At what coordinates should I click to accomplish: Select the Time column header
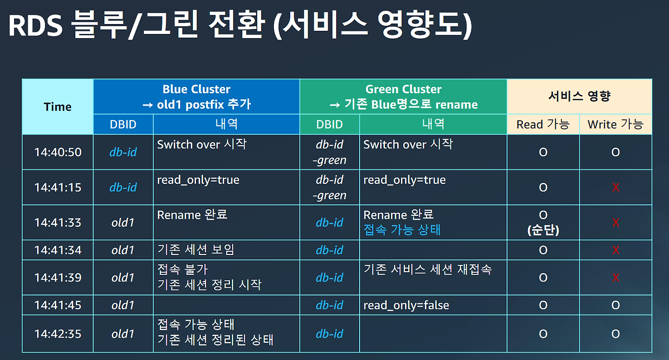(57, 107)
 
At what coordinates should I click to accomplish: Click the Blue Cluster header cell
(196, 97)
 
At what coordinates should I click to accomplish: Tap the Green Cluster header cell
(403, 97)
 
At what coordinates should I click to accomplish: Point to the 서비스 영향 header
(579, 96)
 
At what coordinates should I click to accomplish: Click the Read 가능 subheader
(543, 124)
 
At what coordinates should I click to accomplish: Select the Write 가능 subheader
(615, 124)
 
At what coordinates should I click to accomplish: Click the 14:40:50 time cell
(57, 152)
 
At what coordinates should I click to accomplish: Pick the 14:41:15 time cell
(57, 187)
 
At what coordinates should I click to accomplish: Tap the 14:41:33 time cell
(57, 223)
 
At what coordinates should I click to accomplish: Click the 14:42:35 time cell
(57, 334)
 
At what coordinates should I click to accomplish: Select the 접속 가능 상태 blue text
(402, 230)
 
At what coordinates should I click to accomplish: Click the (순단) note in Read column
(543, 230)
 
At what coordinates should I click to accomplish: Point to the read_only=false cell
(406, 305)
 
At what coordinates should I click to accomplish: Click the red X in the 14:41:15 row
(615, 187)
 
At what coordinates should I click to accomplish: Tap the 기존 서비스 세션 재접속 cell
(428, 270)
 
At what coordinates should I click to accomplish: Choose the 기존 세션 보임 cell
(195, 250)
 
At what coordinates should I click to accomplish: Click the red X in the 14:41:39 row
(615, 277)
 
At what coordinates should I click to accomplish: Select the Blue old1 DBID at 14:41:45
(123, 305)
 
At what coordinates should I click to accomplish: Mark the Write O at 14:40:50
(615, 152)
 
